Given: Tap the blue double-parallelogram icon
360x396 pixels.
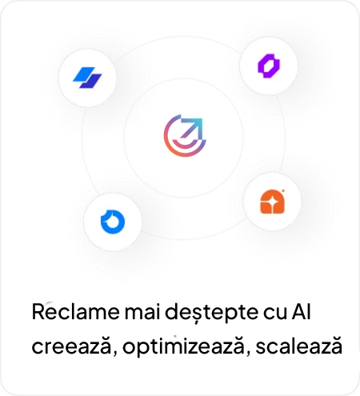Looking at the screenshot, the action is (87, 78).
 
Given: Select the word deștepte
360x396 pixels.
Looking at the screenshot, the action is (211, 313).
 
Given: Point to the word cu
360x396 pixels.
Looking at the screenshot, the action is (275, 313).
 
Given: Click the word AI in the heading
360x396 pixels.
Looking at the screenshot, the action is (301, 311).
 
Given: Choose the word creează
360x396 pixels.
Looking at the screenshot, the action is (71, 346).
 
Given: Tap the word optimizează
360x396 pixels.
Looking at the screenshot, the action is (183, 346).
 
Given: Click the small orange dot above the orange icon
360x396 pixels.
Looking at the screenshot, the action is (282, 191).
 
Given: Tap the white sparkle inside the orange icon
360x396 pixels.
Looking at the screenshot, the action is (272, 202).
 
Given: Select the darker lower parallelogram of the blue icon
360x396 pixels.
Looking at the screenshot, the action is (90, 81).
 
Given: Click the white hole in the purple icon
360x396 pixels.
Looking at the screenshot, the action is (269, 66).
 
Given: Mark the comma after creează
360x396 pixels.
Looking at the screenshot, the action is (114, 353).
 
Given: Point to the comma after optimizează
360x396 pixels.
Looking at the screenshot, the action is (248, 353).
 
